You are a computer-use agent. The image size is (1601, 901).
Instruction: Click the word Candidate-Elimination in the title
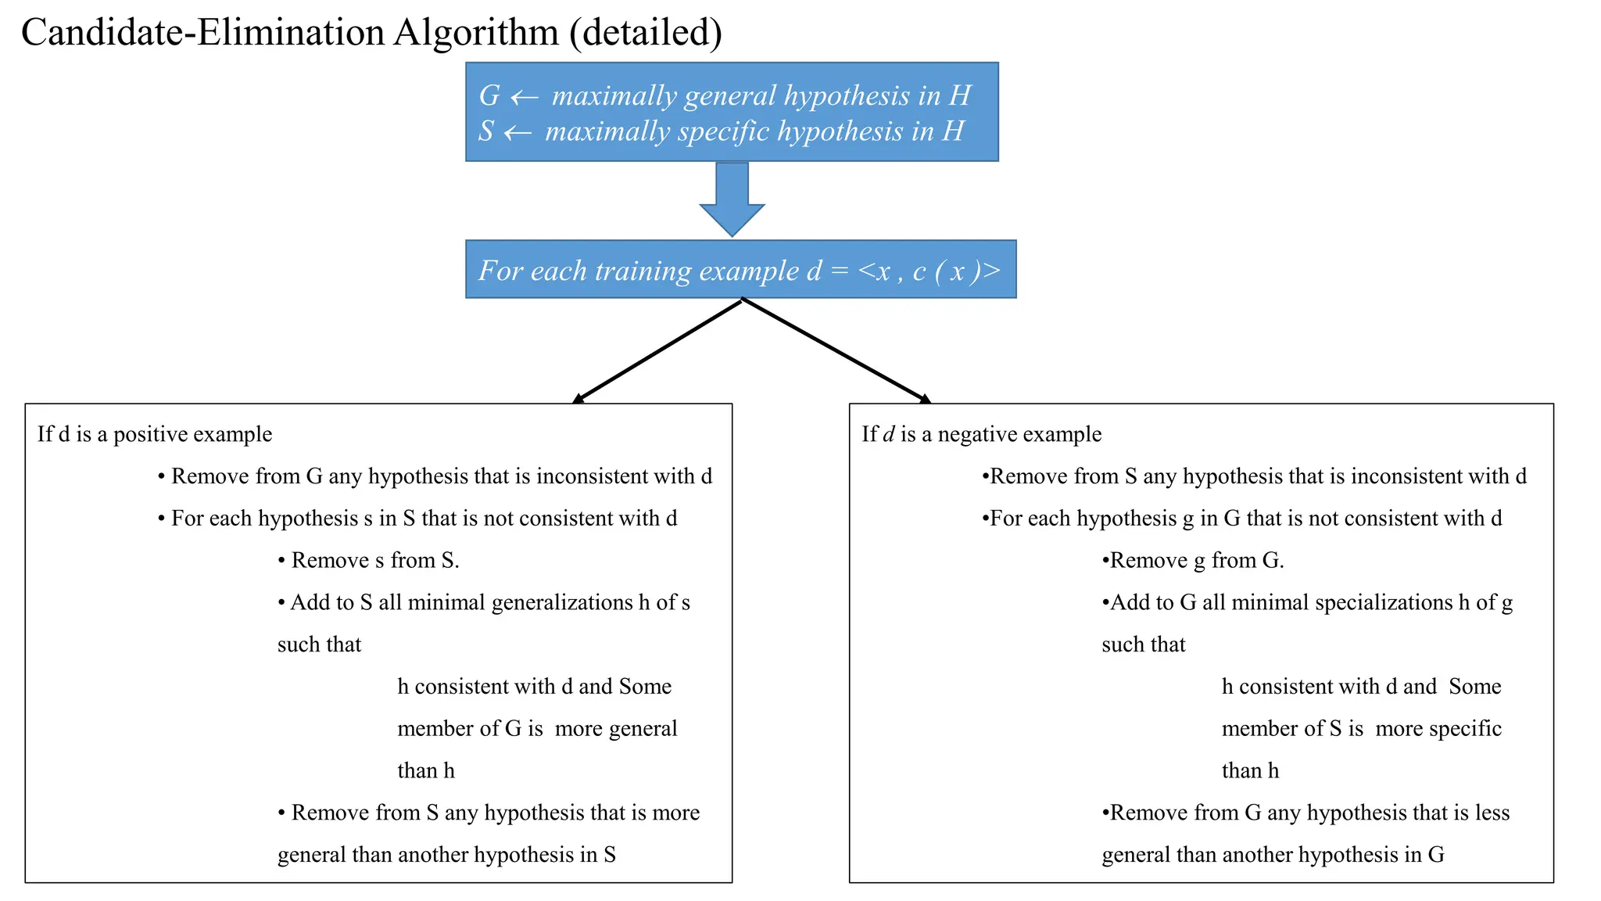point(202,33)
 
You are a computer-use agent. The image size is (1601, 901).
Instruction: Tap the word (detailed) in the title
point(646,33)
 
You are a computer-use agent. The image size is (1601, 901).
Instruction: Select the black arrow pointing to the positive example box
point(657,351)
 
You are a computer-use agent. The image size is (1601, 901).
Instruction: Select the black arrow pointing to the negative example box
point(836,351)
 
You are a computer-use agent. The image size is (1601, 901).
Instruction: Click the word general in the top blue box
point(730,95)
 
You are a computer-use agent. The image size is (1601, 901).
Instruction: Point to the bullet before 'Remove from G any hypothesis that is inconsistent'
point(161,477)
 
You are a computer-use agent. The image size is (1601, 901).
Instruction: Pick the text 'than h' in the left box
point(425,770)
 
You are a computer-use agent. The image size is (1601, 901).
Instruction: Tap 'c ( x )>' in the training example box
point(956,271)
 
